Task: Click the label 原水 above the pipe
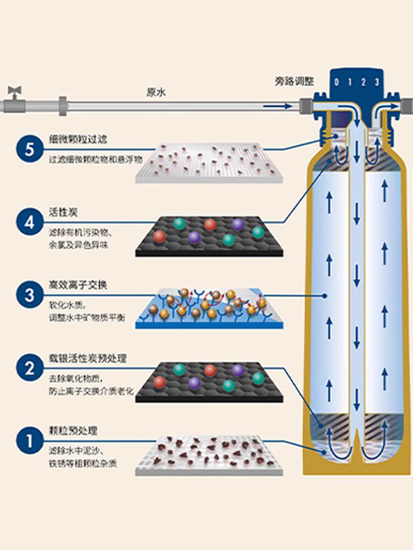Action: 156,92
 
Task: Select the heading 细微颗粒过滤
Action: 75,139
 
